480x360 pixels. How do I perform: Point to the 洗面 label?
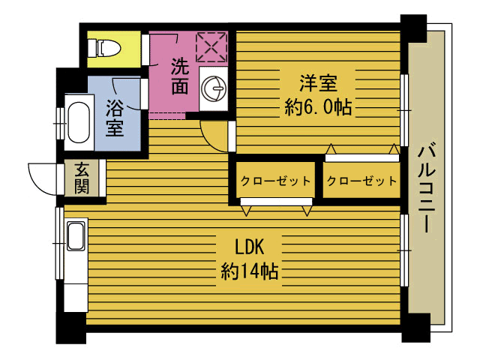179,76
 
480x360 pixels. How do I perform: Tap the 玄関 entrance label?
81,178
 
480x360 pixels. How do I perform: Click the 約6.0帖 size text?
318,106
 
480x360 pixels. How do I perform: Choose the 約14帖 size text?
250,271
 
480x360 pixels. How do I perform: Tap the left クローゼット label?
275,181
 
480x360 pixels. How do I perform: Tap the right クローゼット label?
361,181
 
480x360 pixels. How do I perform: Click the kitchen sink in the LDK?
76,238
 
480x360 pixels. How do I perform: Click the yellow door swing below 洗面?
214,136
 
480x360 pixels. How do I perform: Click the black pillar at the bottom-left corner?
71,326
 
